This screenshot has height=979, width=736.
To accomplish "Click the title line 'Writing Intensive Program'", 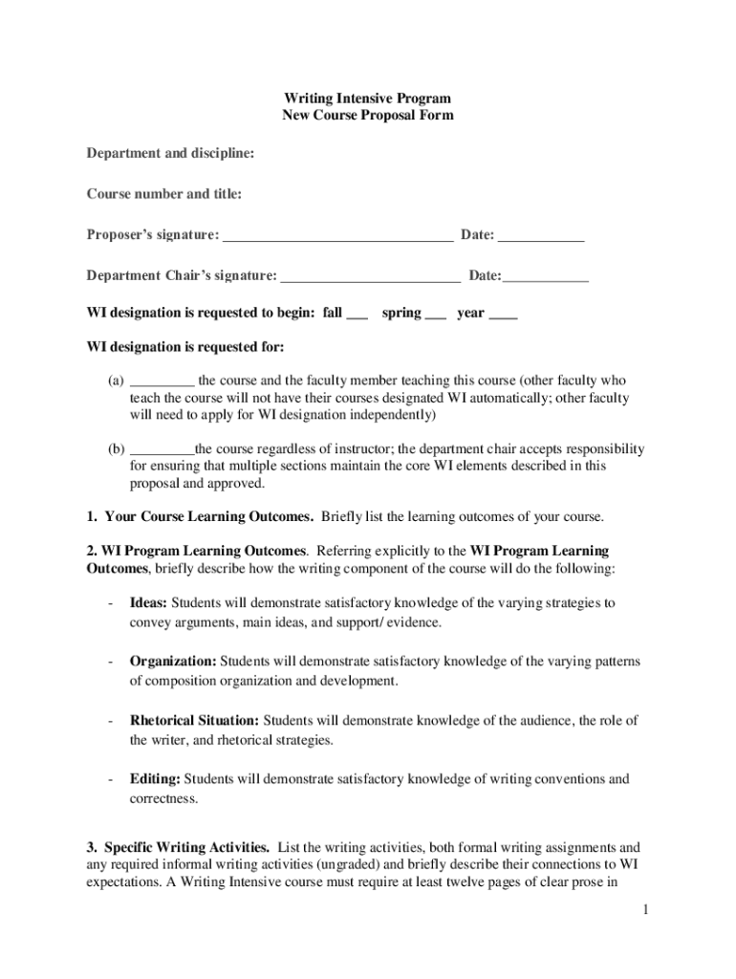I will click(367, 98).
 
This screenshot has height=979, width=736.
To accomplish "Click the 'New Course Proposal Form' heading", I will click(367, 116).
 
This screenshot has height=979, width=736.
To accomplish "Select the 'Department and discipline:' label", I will click(170, 153).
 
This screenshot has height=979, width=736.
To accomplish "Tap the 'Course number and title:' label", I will click(164, 194).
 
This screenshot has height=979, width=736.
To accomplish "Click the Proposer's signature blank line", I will click(337, 238).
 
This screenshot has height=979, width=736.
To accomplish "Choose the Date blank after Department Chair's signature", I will click(546, 279).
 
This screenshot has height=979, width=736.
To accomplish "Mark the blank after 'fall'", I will click(357, 315).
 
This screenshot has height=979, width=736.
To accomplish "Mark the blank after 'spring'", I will click(435, 315).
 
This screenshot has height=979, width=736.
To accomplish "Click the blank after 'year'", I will click(503, 315).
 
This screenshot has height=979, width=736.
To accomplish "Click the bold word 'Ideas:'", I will click(148, 603).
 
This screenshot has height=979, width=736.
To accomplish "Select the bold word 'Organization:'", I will click(173, 662).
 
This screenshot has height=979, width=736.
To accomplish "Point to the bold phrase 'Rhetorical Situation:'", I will click(194, 720).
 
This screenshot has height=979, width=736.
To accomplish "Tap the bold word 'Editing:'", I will click(155, 779).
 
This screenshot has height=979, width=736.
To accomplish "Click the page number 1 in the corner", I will click(645, 909).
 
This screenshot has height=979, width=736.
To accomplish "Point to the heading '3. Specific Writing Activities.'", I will click(178, 847).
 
